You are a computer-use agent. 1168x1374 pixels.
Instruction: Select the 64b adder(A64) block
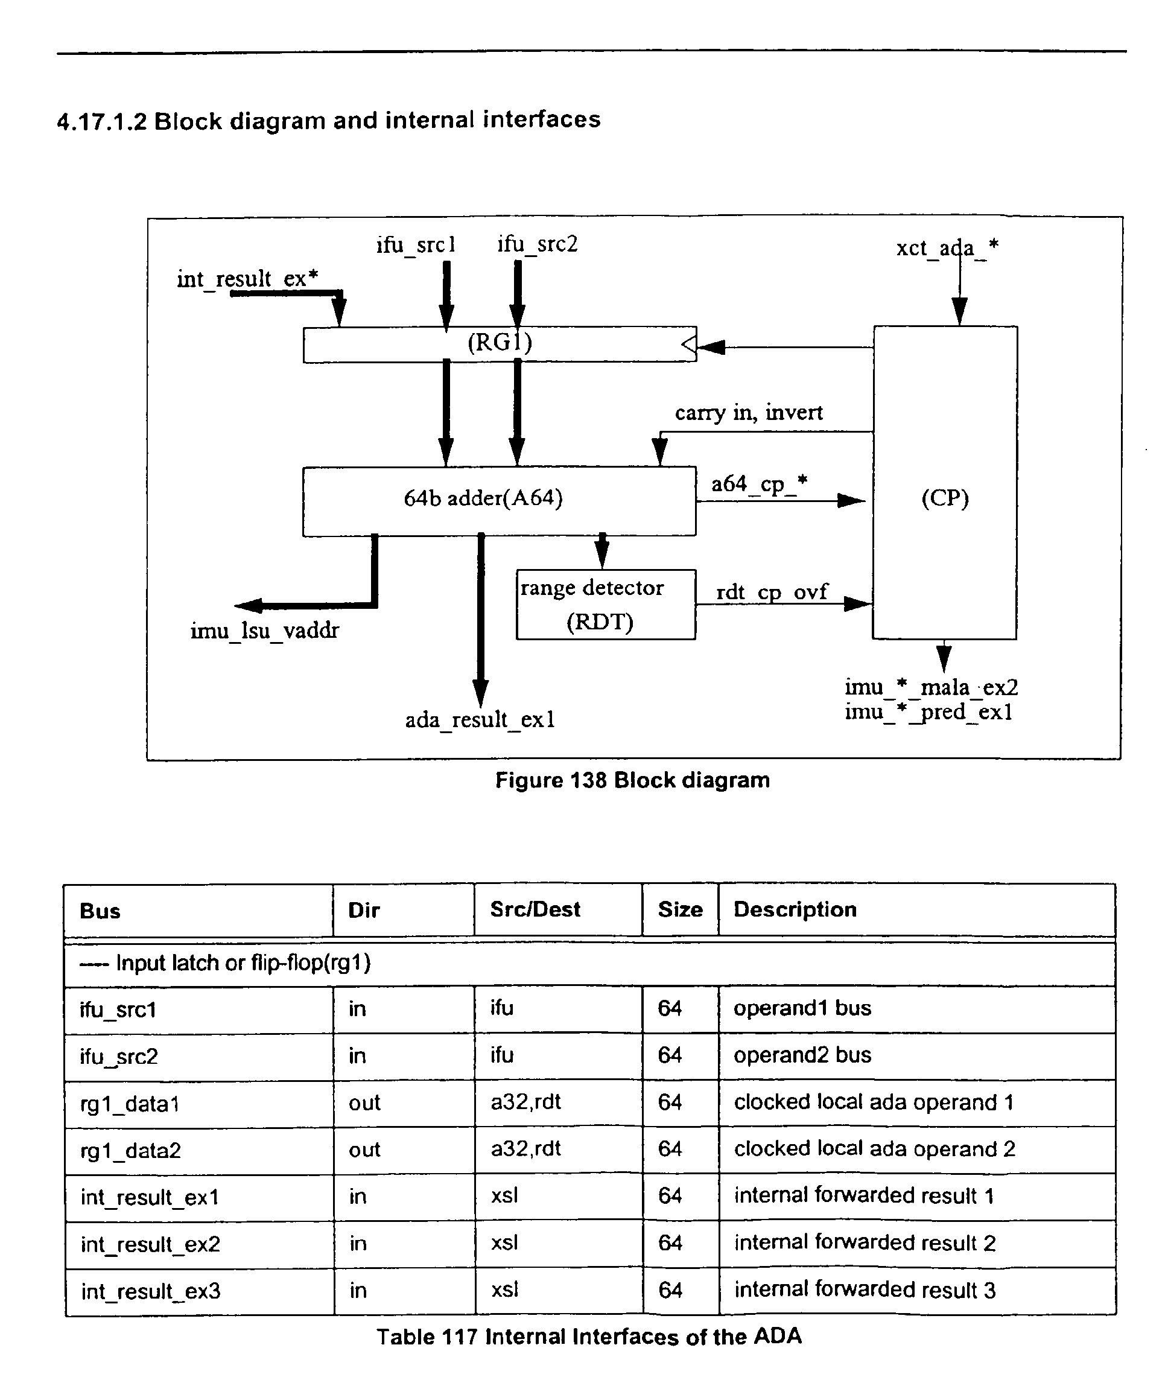tap(500, 501)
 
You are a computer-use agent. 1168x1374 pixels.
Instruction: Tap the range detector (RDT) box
tap(606, 605)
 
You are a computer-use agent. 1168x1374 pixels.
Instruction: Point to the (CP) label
tap(945, 498)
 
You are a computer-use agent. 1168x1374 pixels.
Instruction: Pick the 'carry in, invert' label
tap(749, 413)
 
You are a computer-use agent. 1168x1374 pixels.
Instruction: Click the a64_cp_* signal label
tap(760, 484)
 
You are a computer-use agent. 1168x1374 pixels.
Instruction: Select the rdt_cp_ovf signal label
tap(772, 591)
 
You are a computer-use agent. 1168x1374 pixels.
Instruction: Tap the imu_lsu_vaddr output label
tap(265, 631)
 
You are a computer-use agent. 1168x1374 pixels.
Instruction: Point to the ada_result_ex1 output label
tap(480, 720)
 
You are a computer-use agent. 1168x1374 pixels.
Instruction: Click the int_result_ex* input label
tap(247, 279)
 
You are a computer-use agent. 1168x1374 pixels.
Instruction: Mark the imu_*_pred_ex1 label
tap(929, 713)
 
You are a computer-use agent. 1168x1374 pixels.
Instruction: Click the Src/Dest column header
tap(535, 909)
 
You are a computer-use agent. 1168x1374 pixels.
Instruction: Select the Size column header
tap(680, 909)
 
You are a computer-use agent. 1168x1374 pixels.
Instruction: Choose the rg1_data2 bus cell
tap(130, 1151)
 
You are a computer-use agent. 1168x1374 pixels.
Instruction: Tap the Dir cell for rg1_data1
tap(365, 1102)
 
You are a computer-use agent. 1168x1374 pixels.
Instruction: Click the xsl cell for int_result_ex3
tap(504, 1290)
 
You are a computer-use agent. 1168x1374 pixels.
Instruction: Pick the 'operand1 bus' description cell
tap(802, 1008)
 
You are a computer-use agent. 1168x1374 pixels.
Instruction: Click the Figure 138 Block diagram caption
tap(632, 780)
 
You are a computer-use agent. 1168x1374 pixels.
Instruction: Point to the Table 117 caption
tap(589, 1336)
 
